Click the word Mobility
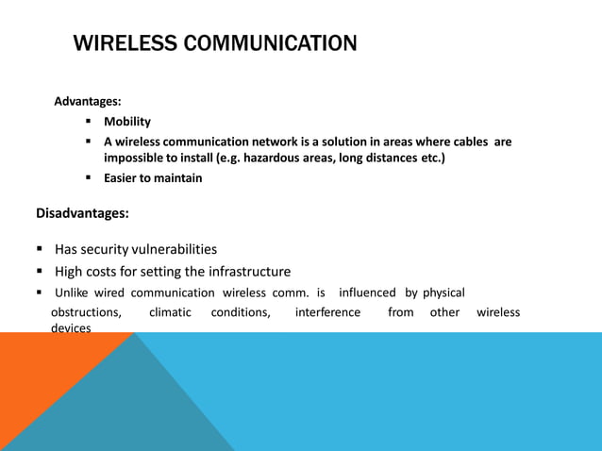(x=127, y=122)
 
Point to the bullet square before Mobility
(x=88, y=122)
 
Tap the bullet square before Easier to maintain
(x=88, y=177)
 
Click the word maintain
(x=178, y=177)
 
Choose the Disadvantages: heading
(x=82, y=213)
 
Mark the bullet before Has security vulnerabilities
(x=41, y=250)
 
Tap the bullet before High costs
(x=41, y=272)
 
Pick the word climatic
(x=170, y=312)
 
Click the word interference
(x=327, y=312)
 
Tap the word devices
(x=71, y=327)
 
